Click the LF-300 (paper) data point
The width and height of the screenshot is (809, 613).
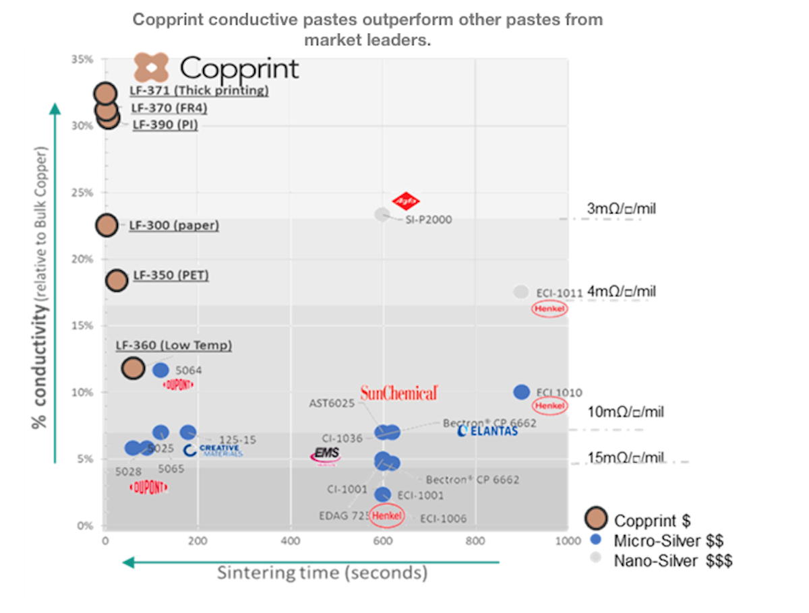click(x=107, y=225)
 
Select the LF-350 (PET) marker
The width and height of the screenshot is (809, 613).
click(x=117, y=281)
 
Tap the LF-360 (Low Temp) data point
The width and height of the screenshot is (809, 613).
click(x=133, y=368)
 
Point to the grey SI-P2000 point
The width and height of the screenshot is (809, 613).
click(x=382, y=214)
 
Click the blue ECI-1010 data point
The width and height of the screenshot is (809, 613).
click(x=521, y=392)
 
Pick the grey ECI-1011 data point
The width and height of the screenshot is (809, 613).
click(x=520, y=292)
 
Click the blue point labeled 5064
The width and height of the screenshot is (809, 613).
click(x=160, y=370)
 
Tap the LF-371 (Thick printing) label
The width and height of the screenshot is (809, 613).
click(x=200, y=90)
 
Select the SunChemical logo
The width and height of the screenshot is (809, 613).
click(x=399, y=393)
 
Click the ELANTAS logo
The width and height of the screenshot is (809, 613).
click(x=487, y=430)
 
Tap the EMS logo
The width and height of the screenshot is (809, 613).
click(x=326, y=456)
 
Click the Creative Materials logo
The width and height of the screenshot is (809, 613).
click(x=212, y=450)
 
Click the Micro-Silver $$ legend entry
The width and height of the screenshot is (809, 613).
click(x=661, y=540)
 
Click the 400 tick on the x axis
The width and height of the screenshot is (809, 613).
click(x=290, y=540)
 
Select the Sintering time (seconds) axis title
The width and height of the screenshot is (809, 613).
click(x=322, y=573)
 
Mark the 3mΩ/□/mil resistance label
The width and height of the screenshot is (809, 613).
click(x=621, y=209)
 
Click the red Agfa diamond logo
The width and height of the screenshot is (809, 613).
click(x=406, y=201)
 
